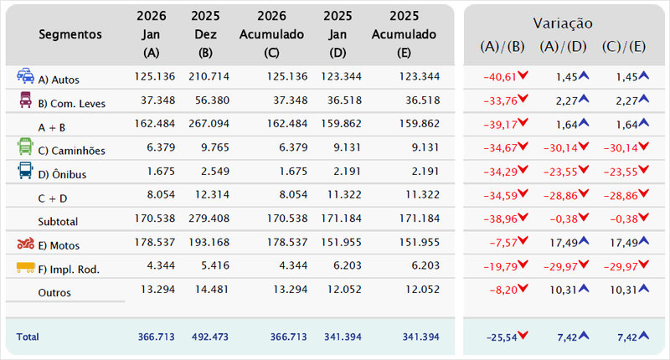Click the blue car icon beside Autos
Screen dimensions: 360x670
pos(25,77)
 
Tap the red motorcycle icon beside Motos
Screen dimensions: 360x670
pos(25,244)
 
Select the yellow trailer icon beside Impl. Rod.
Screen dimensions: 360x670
pos(26,268)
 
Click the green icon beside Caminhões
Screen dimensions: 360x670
pos(25,148)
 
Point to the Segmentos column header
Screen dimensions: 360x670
pos(70,35)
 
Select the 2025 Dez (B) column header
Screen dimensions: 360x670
pos(205,35)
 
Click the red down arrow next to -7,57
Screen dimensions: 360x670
pos(523,244)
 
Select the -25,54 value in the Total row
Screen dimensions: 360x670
pos(499,337)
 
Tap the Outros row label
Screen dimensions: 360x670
pos(54,293)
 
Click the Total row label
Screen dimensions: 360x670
pos(28,337)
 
